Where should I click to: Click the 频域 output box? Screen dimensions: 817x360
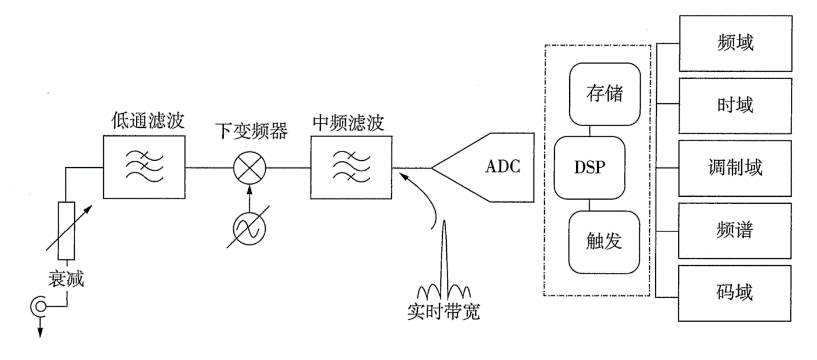pyautogui.click(x=735, y=43)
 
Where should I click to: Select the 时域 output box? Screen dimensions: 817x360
pyautogui.click(x=735, y=106)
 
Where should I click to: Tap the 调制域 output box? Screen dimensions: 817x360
pyautogui.click(x=735, y=168)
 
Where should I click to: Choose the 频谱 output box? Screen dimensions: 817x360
pyautogui.click(x=735, y=231)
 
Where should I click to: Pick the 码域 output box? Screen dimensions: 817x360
pyautogui.click(x=735, y=293)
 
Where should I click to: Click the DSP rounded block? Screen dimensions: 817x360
pyautogui.click(x=589, y=168)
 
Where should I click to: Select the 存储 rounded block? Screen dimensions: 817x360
pyautogui.click(x=604, y=94)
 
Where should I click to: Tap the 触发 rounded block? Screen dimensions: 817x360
pyautogui.click(x=604, y=242)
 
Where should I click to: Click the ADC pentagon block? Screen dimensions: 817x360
pyautogui.click(x=483, y=168)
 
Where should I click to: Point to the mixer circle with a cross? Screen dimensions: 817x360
pyautogui.click(x=249, y=168)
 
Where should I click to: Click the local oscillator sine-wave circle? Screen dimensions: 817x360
pyautogui.click(x=249, y=226)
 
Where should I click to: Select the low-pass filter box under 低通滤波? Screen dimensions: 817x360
pyautogui.click(x=144, y=167)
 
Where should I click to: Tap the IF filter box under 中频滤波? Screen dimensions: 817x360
pyautogui.click(x=352, y=167)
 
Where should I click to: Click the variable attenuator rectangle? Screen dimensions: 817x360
pyautogui.click(x=66, y=231)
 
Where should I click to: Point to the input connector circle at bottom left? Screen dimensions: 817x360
pyautogui.click(x=38, y=306)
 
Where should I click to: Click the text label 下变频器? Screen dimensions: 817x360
pyautogui.click(x=251, y=131)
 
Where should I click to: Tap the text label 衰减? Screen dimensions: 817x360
pyautogui.click(x=66, y=280)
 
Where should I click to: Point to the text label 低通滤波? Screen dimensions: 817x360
pyautogui.click(x=148, y=121)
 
